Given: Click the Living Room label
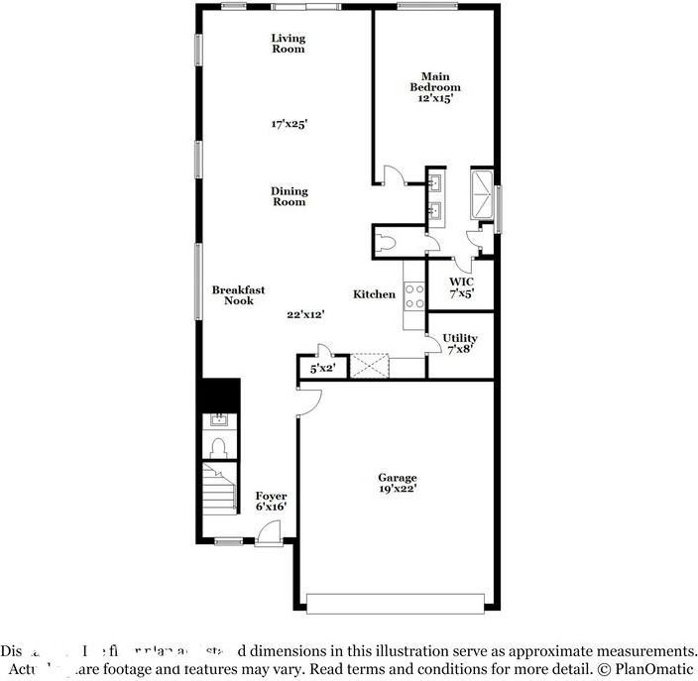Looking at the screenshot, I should [x=289, y=44].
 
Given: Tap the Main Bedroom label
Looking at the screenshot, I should [x=435, y=87].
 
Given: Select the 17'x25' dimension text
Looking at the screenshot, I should [x=289, y=125].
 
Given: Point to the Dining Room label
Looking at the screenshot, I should [x=290, y=196].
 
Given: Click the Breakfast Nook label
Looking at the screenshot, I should [x=238, y=295].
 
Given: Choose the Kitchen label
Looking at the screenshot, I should [x=375, y=294].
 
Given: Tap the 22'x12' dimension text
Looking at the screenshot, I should [x=306, y=314].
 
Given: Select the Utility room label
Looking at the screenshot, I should [x=460, y=343].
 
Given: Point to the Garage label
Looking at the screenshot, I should [x=397, y=483].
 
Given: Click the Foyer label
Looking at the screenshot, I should [x=271, y=501].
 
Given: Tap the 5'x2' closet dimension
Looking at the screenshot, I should [x=322, y=369].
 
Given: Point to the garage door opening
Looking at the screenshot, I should [x=396, y=602].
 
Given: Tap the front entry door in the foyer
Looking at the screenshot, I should [x=268, y=536].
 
